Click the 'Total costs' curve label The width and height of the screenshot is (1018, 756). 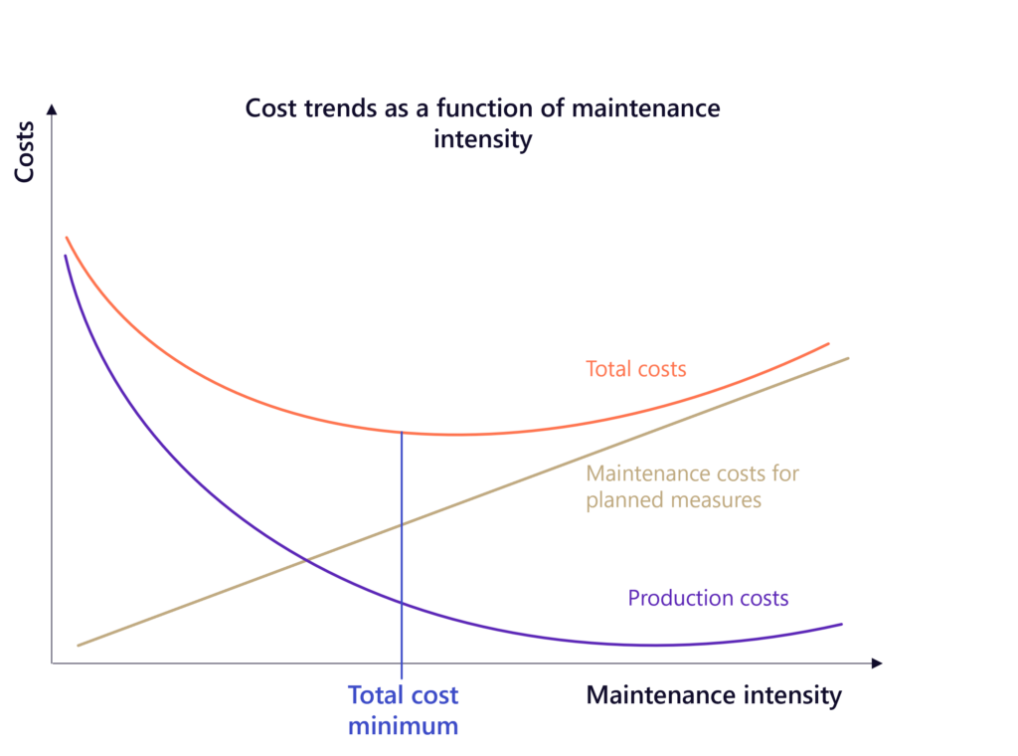click(635, 369)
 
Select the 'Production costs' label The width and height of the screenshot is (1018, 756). click(708, 598)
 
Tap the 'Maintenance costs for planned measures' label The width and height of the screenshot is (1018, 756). click(692, 486)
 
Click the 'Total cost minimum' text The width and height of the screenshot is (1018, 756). click(403, 710)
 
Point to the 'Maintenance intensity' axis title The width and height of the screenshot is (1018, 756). click(713, 695)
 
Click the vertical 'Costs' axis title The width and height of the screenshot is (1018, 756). click(26, 151)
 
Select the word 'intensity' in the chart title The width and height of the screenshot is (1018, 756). click(482, 139)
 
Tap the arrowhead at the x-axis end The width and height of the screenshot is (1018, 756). click(877, 661)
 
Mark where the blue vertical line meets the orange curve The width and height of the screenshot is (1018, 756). click(402, 432)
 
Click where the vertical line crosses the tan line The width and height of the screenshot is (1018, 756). click(402, 522)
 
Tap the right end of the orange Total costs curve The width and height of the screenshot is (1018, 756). click(828, 344)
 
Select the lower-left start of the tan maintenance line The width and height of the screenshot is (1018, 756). click(79, 646)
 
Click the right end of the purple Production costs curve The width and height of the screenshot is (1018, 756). click(841, 624)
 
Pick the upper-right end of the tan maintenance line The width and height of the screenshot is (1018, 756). click(848, 358)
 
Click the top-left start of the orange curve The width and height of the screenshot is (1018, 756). click(67, 238)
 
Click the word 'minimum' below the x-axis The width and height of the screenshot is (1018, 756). click(403, 726)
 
